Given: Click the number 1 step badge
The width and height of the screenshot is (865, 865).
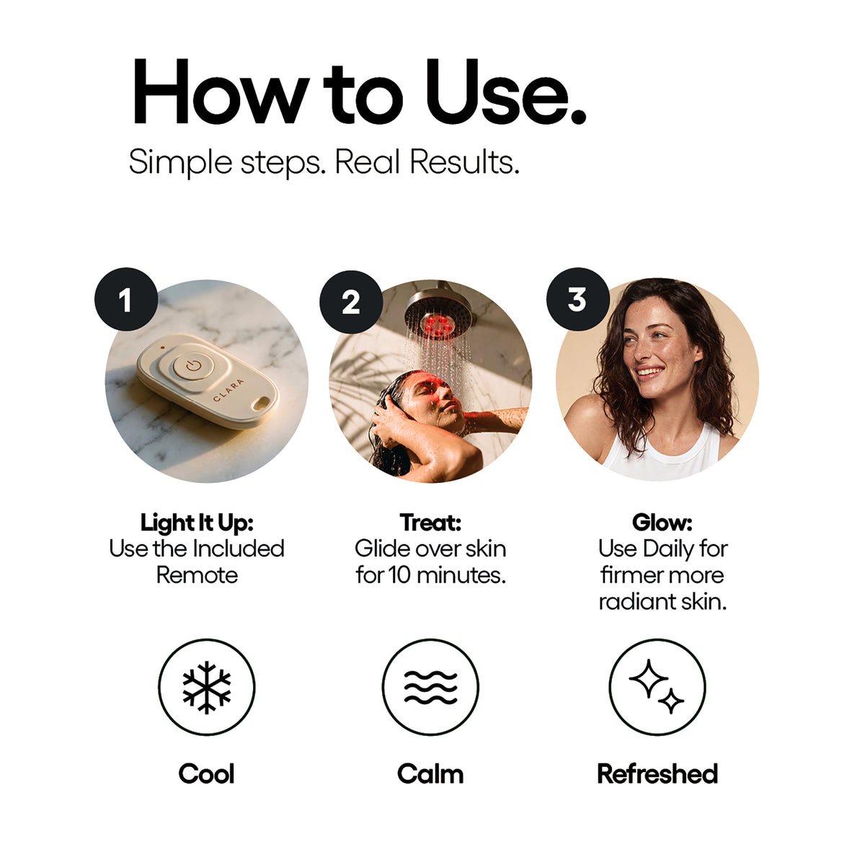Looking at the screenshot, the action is click(x=126, y=299).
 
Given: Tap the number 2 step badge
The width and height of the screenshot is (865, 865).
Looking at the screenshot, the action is click(x=351, y=301).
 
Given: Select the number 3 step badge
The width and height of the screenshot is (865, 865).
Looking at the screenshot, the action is click(x=577, y=299).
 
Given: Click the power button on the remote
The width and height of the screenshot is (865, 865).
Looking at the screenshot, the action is click(x=193, y=365).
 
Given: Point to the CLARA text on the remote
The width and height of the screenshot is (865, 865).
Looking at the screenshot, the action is click(x=229, y=390).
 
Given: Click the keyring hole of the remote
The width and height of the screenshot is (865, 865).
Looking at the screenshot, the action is click(x=259, y=404).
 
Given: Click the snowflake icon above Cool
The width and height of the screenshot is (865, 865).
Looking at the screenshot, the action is click(x=206, y=687).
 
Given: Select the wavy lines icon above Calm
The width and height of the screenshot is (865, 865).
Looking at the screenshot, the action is click(x=430, y=687).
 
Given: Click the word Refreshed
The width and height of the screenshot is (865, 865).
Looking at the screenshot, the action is click(x=657, y=774).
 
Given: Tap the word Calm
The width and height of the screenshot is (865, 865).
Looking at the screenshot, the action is click(x=430, y=774).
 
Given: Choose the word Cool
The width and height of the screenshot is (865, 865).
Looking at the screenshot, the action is click(x=206, y=774).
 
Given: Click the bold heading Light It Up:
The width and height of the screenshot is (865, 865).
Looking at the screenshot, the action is click(x=197, y=523).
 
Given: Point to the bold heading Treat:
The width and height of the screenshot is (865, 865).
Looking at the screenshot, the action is click(x=430, y=522).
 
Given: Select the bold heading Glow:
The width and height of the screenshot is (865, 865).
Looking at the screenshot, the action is click(x=662, y=522).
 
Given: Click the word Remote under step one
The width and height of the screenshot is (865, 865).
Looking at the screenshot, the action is click(x=197, y=575).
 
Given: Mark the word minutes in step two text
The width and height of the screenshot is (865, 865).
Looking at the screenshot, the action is click(x=461, y=575).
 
